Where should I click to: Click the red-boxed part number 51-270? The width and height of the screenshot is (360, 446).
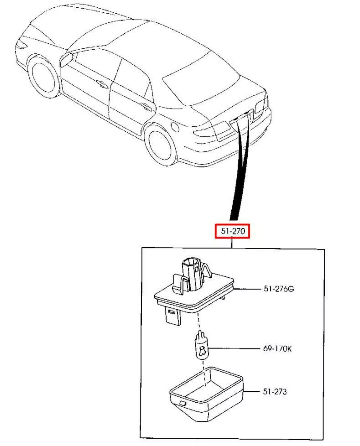[x=232, y=231]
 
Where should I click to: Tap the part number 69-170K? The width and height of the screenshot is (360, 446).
[x=278, y=348]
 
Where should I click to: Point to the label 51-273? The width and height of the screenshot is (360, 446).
[x=275, y=392]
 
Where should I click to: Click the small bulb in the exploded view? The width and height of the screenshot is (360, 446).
[x=201, y=346]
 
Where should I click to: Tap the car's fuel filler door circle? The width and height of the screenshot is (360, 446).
[x=175, y=127]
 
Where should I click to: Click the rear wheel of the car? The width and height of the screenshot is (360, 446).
[x=160, y=145]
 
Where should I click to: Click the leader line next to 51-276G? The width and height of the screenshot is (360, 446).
[x=247, y=289]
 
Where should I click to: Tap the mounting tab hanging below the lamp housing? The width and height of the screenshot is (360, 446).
[x=173, y=315]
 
